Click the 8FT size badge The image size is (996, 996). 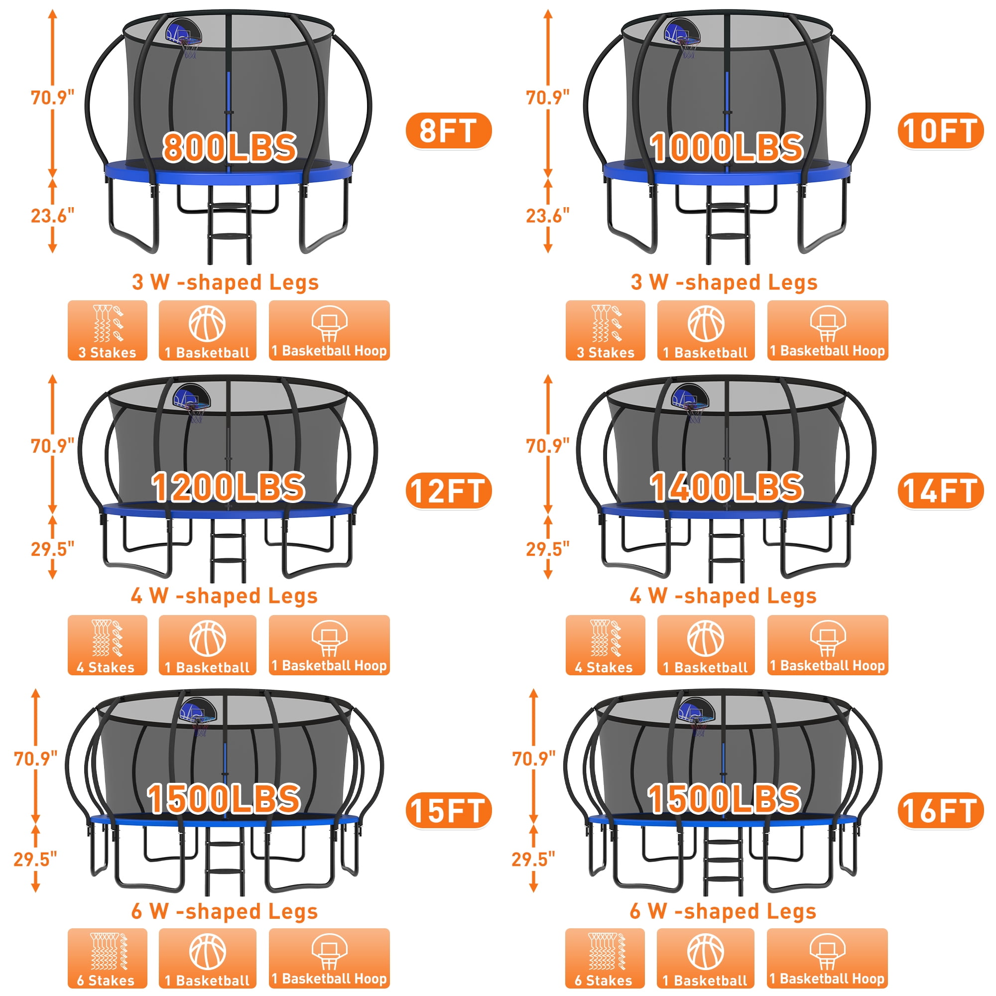pos(449,131)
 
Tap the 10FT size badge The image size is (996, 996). pos(940,131)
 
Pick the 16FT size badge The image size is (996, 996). pos(940,810)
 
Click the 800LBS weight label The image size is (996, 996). pos(230,147)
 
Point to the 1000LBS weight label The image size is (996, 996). pos(727,147)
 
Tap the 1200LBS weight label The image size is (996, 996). pos(228,487)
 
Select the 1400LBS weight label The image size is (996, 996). pos(727,487)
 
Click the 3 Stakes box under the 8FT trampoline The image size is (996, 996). pos(107,331)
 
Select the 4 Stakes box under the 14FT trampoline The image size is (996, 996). pos(605,645)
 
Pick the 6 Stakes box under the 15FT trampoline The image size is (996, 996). pos(107,958)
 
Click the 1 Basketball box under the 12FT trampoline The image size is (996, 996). pos(207,645)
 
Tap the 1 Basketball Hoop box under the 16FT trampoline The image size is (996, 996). pos(827,958)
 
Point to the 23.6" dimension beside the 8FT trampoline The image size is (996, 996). pos(53,216)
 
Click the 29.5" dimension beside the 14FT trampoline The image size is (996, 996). pos(547,549)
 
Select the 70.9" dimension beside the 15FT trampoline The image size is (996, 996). pos(35,758)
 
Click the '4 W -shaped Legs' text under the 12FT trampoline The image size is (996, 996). pos(224,596)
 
